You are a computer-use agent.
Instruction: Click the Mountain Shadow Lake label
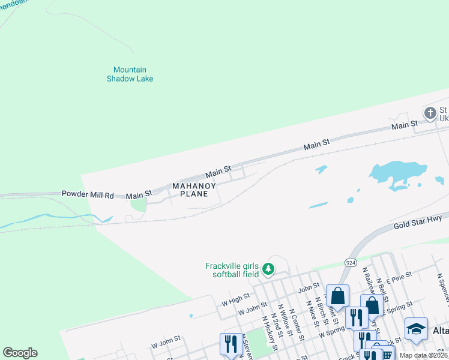[130, 74]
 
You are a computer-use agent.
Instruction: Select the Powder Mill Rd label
[88, 195]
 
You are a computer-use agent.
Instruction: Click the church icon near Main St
[430, 113]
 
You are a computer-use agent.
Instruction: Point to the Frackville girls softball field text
[232, 270]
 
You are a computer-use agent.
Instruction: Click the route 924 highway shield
[352, 262]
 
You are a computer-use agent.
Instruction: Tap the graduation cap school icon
[415, 329]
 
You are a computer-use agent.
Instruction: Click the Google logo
[20, 353]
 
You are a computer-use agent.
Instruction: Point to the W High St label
[235, 298]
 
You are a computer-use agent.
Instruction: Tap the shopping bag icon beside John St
[337, 296]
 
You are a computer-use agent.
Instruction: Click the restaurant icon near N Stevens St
[231, 344]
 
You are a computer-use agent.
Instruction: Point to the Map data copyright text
[423, 355]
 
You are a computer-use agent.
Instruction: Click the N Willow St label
[285, 324]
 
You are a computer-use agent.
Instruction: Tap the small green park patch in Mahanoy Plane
[139, 205]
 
